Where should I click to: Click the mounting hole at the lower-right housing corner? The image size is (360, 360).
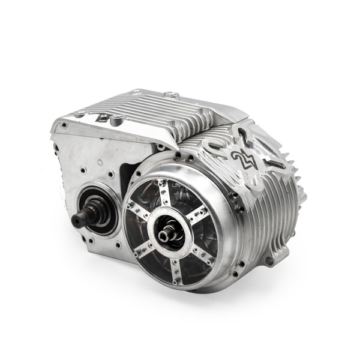pos(269,260)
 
